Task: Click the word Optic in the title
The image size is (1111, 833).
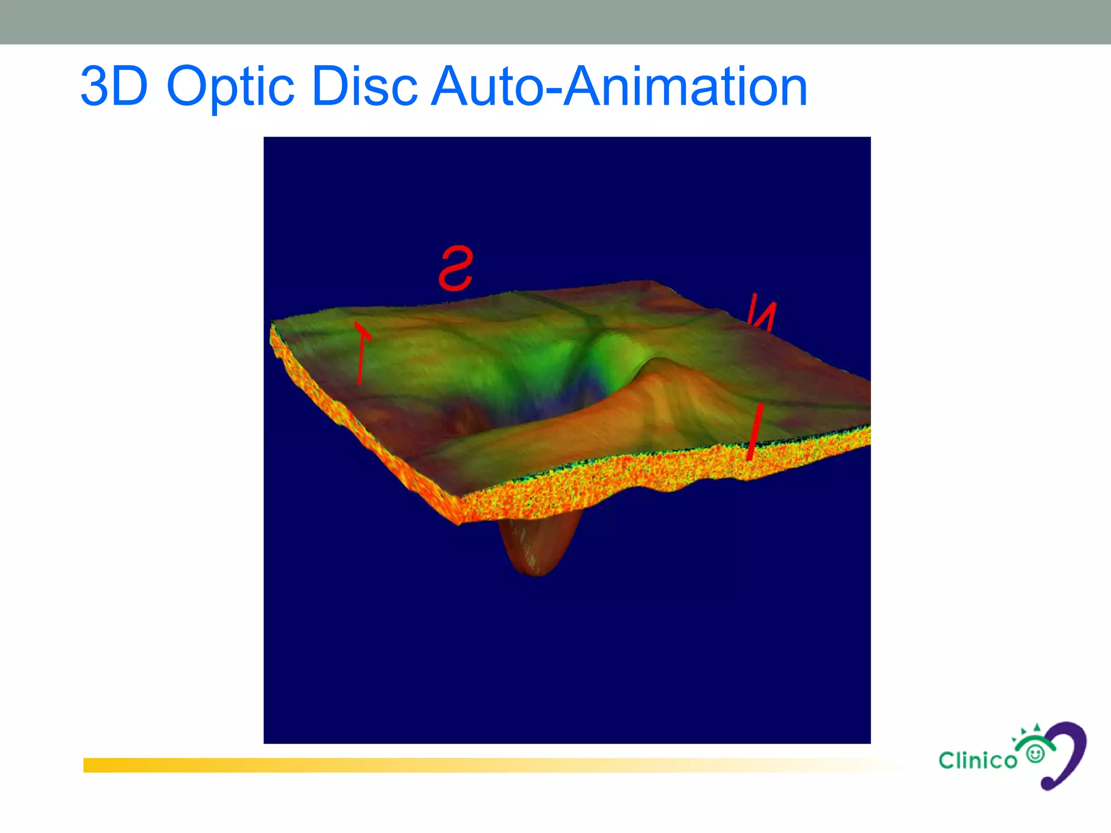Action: [231, 87]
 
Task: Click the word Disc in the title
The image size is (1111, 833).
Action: [365, 87]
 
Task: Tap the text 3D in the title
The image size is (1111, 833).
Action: [114, 87]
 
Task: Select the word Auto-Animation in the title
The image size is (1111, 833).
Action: [618, 87]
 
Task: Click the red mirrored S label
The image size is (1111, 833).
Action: [456, 268]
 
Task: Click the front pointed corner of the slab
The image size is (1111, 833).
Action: [459, 521]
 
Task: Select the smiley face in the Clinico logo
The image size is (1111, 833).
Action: [1036, 754]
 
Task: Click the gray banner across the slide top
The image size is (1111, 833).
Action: [555, 22]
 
